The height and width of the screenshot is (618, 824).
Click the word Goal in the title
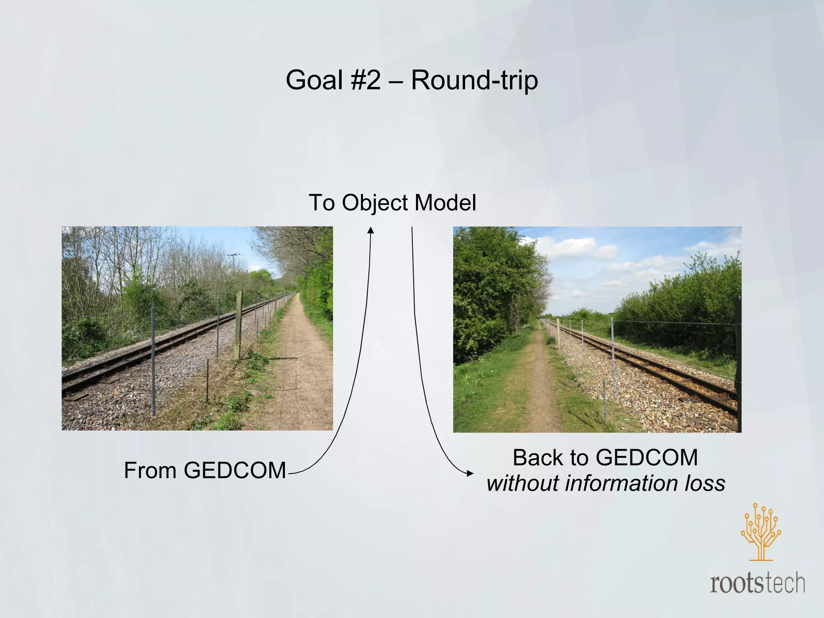314,80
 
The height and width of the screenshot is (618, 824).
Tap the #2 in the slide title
365,80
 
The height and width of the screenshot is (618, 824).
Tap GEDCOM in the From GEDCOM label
235,470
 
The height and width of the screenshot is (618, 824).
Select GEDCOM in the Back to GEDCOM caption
647,458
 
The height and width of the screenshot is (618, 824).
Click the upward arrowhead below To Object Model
371,230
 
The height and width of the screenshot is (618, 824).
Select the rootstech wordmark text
757,584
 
